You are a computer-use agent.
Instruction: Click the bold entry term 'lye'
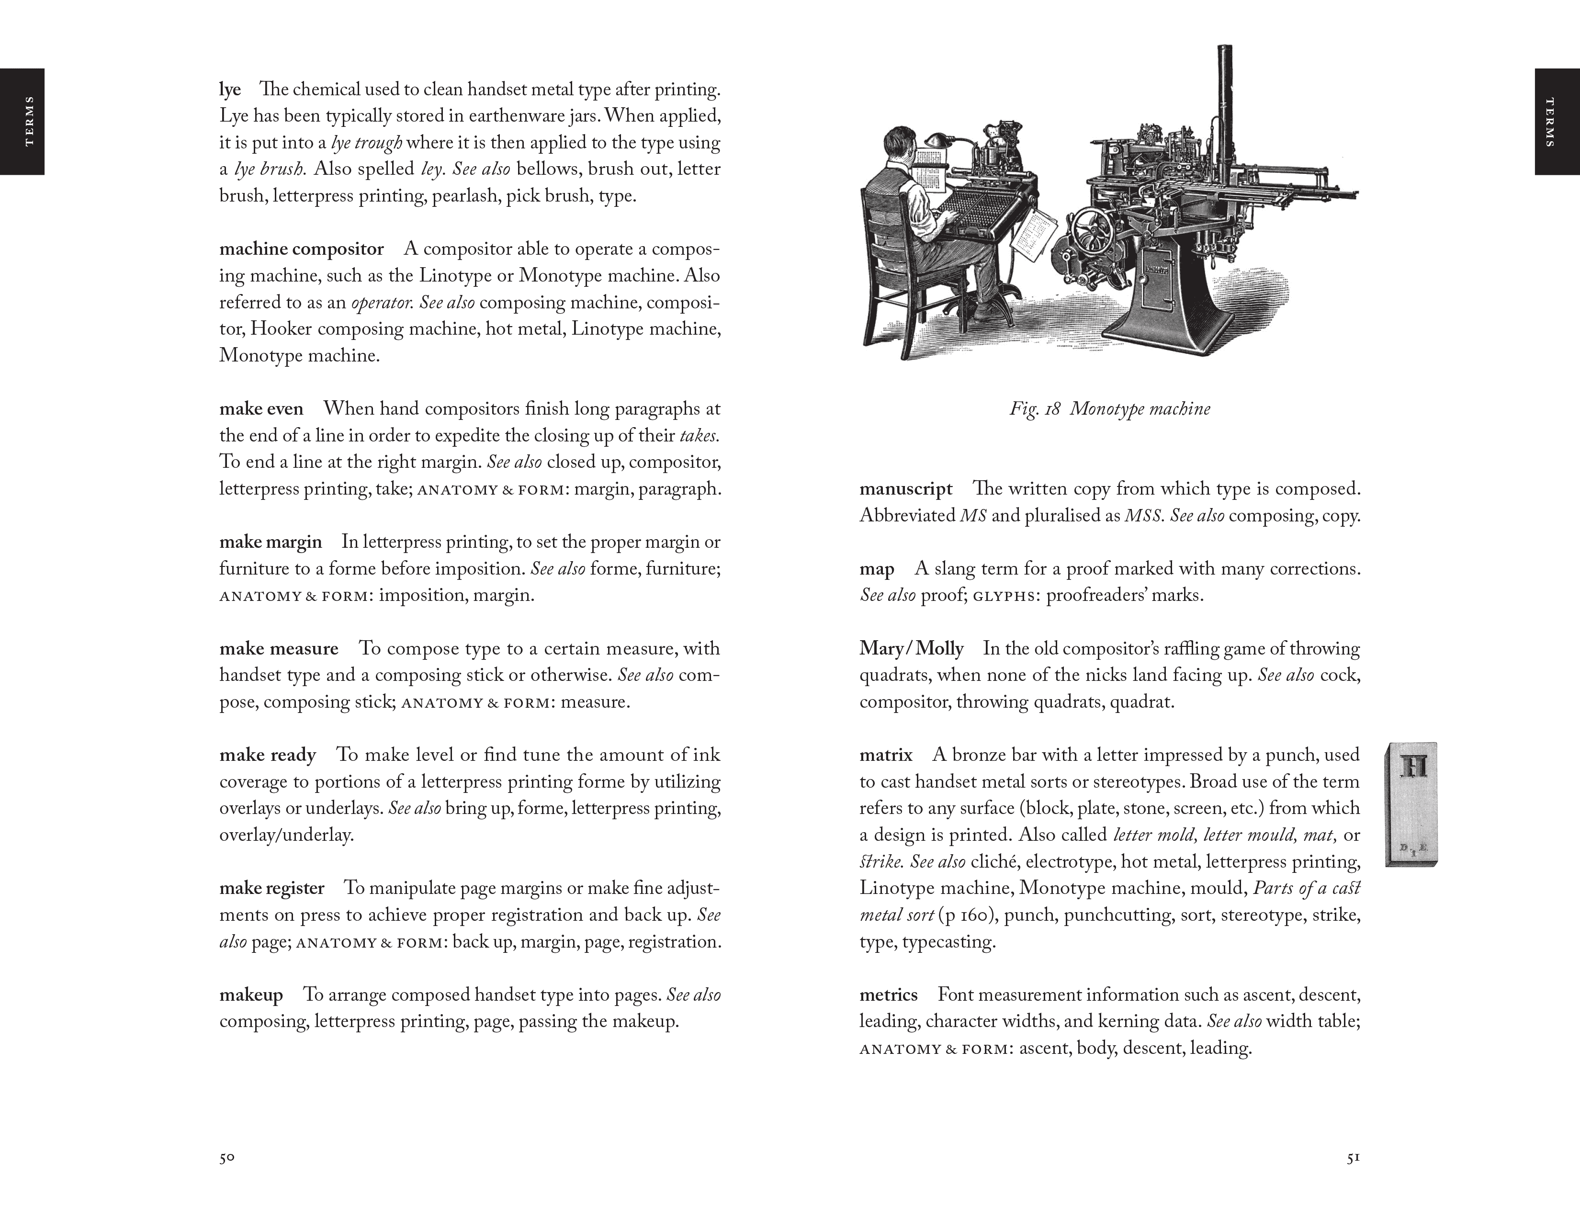click(230, 90)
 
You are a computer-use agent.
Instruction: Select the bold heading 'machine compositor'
click(301, 249)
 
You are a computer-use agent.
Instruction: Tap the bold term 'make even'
click(261, 409)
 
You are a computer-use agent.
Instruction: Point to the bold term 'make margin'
click(271, 542)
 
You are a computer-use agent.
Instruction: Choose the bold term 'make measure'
click(279, 648)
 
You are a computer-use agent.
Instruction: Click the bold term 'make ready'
click(268, 755)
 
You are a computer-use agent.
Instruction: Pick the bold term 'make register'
click(271, 888)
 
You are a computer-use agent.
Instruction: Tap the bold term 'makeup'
click(251, 995)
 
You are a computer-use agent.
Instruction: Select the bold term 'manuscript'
click(906, 489)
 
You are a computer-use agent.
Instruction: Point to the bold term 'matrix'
click(885, 755)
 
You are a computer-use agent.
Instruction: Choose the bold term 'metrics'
click(888, 995)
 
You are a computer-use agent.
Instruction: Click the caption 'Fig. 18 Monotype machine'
click(1109, 409)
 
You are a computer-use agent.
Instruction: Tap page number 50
click(227, 1157)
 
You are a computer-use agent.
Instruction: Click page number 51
click(1353, 1157)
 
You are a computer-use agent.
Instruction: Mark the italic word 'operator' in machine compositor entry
click(381, 302)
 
